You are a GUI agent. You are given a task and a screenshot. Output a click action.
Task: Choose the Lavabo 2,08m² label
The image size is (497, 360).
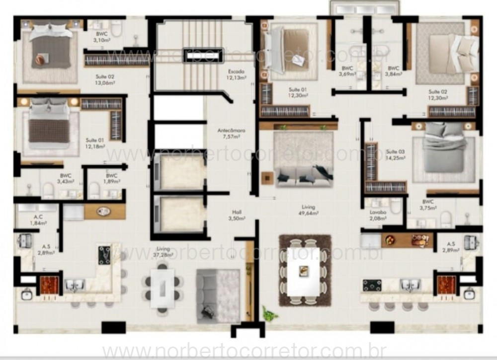coord(378,215)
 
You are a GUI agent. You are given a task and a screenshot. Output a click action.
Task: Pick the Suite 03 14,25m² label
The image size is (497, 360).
coord(395,154)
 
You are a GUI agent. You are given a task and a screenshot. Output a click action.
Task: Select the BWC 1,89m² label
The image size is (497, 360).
coord(111,178)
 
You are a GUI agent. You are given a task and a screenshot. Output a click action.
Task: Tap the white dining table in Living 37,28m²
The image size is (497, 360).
coord(163,288)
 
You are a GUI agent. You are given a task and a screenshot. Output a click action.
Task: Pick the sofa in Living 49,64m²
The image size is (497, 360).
coord(300,176)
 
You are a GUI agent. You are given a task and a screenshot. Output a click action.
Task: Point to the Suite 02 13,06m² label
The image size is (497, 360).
coord(105,80)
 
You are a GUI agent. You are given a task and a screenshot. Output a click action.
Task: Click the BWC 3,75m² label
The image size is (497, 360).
coord(428,205)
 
